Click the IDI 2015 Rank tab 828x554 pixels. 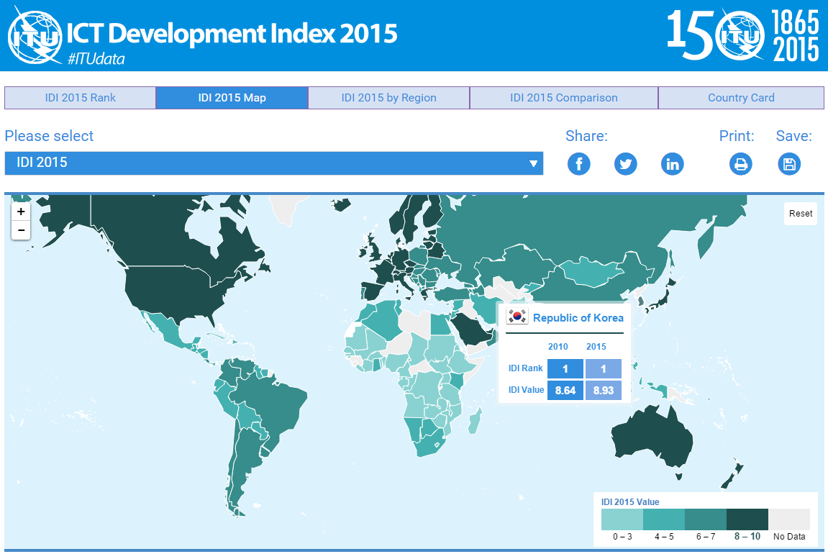pos(80,98)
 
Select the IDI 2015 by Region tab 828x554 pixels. pos(388,98)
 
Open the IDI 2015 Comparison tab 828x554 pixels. pos(563,98)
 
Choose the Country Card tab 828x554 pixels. pos(741,98)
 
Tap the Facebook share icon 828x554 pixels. pos(578,164)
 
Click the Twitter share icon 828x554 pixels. pos(625,164)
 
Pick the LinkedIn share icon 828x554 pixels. pos(673,164)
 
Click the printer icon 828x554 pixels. pos(741,164)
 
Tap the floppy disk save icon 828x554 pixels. pos(789,164)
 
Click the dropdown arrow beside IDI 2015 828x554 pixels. pos(533,163)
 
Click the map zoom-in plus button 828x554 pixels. pos(21,212)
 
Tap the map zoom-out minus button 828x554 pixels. pos(21,230)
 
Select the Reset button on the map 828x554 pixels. pos(801,214)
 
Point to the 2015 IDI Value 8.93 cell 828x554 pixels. pos(603,390)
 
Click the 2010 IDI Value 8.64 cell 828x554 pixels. pos(565,390)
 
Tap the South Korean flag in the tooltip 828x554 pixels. pos(517,317)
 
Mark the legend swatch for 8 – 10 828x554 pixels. pos(747,519)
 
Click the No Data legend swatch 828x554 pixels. pos(789,519)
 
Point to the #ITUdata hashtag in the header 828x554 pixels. pos(96,59)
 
